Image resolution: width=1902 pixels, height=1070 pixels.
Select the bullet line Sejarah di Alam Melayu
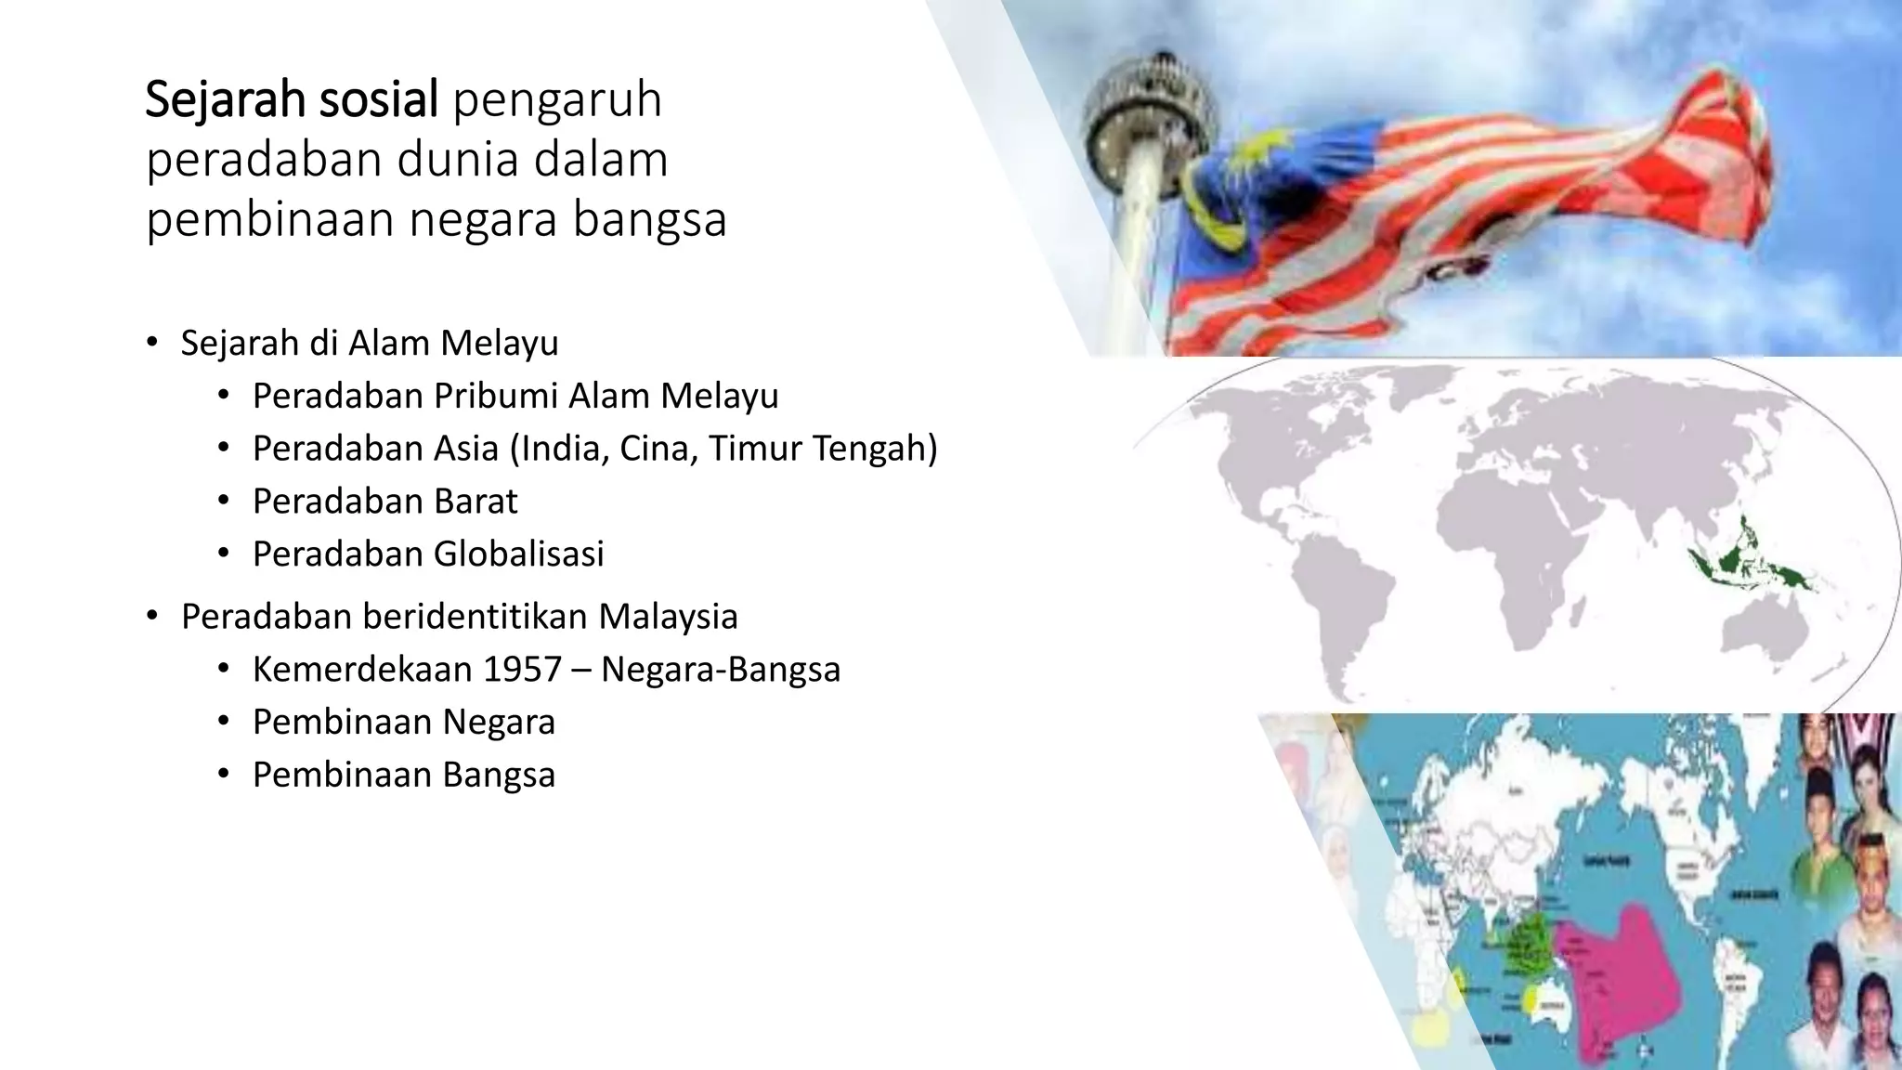tap(369, 343)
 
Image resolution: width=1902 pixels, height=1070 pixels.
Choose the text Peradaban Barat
tap(384, 502)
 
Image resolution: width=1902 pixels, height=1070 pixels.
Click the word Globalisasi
tap(519, 555)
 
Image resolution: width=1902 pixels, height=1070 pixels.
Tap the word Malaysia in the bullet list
tap(668, 617)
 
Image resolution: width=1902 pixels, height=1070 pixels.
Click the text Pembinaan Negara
tap(403, 723)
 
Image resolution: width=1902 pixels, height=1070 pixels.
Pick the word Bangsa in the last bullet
tap(499, 776)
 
